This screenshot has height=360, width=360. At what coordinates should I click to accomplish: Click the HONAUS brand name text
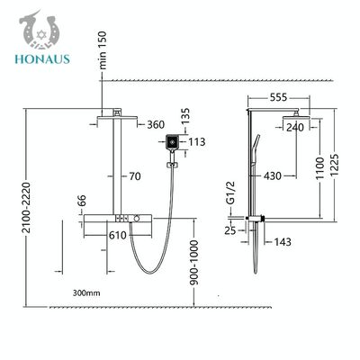click(x=42, y=58)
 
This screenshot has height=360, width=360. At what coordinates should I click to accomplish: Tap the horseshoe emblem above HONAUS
click(x=40, y=31)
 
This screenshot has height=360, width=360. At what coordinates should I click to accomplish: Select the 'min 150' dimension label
click(x=103, y=50)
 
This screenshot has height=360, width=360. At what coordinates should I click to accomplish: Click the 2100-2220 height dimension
click(x=26, y=208)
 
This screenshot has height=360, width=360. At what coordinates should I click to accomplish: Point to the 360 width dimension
click(x=156, y=124)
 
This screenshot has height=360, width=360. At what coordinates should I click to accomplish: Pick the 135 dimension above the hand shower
click(x=185, y=116)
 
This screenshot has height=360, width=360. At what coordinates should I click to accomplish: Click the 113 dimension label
click(x=196, y=141)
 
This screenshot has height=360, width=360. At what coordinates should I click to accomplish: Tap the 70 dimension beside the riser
click(x=135, y=176)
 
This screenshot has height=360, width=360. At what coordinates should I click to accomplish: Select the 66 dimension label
click(x=83, y=201)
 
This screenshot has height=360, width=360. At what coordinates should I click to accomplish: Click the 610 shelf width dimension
click(x=118, y=235)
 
